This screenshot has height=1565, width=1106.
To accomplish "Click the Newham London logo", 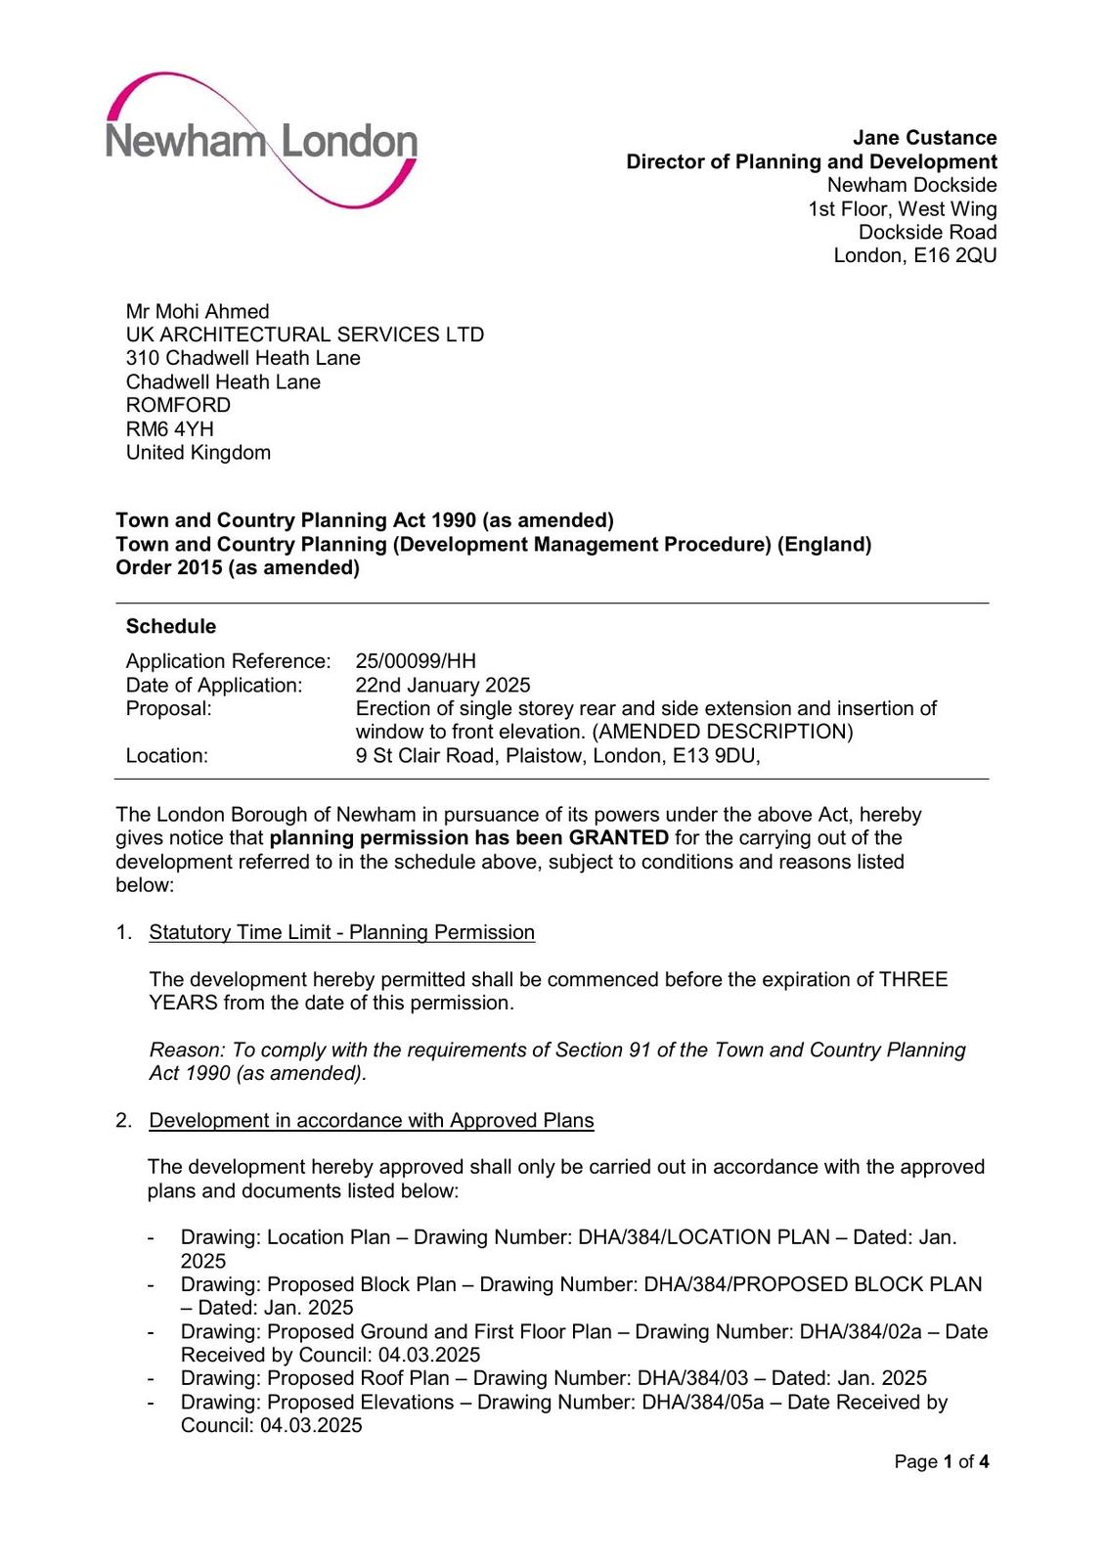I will (262, 141).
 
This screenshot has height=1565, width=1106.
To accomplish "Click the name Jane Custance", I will (924, 138).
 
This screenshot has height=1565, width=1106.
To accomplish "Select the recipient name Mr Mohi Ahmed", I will (198, 311).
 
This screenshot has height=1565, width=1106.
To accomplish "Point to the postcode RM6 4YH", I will (169, 428).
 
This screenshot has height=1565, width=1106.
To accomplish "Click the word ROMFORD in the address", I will (178, 405).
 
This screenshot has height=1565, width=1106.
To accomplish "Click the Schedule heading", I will (171, 626).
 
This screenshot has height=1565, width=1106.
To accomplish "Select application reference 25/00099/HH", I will (416, 661).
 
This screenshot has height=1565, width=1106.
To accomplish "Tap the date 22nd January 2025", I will (443, 685).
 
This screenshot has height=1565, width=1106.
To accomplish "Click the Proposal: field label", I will (168, 708).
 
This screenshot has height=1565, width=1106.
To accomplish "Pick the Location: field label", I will (166, 755).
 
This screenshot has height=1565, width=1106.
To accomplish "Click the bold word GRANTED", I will (619, 838).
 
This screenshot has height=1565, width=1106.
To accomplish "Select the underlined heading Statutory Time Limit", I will (341, 932).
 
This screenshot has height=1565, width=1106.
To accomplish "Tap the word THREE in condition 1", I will (913, 979).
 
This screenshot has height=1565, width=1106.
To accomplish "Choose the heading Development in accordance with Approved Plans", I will (372, 1120).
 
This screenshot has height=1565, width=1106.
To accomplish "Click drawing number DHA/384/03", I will (692, 1378).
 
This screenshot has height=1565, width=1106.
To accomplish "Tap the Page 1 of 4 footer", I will (941, 1461).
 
